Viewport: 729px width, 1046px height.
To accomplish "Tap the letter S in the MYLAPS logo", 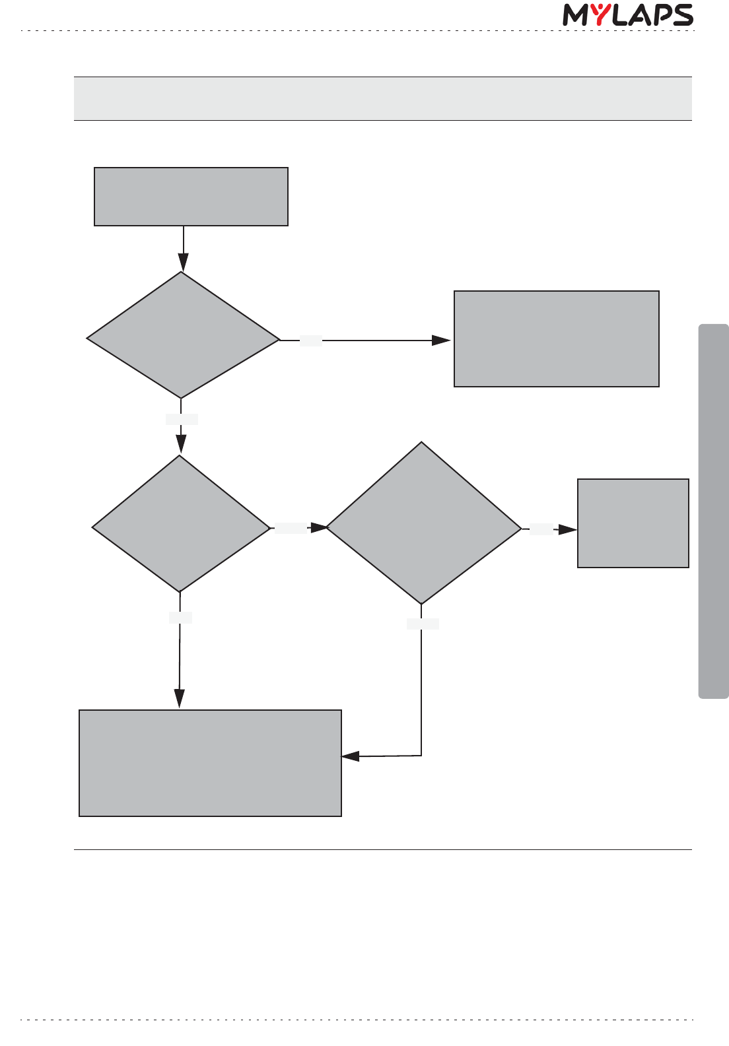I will (681, 15).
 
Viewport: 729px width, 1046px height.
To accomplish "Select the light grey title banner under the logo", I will (382, 98).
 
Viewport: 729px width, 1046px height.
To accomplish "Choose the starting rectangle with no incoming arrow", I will (191, 197).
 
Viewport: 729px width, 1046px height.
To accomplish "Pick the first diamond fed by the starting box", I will (182, 336).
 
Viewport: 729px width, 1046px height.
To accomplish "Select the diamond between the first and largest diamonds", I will (180, 524).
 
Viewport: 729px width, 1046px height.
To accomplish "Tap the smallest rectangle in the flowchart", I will (633, 523).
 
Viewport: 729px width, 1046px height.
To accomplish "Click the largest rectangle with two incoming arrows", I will (210, 763).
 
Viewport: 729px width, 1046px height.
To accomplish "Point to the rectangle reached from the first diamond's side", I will (556, 339).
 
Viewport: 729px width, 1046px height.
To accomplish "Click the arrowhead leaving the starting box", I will (183, 263).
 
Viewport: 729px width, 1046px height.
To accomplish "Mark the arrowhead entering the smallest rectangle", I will (568, 529).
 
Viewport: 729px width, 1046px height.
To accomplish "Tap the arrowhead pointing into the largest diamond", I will (319, 527).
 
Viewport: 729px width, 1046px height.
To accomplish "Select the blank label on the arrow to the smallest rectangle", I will (541, 529).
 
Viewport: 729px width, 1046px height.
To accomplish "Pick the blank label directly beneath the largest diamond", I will (423, 624).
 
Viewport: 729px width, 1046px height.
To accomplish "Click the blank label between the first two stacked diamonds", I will (182, 419).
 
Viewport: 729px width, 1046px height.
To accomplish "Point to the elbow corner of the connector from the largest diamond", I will (421, 756).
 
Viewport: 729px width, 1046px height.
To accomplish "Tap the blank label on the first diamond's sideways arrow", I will (311, 341).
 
